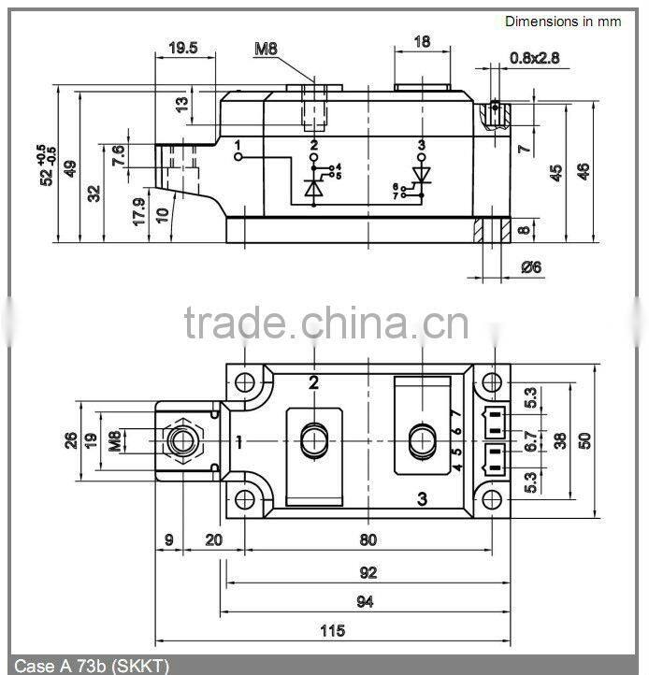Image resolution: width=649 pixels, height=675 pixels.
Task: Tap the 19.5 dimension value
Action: pyautogui.click(x=183, y=48)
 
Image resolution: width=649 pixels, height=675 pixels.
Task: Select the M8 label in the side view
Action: pyautogui.click(x=267, y=48)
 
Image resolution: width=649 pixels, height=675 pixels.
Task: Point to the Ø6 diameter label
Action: pyautogui.click(x=531, y=267)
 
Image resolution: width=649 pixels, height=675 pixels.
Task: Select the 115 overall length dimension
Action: pyautogui.click(x=332, y=630)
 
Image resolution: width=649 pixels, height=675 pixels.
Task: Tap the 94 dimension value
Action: pyautogui.click(x=365, y=602)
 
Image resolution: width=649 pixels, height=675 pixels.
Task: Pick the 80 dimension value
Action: pyautogui.click(x=368, y=539)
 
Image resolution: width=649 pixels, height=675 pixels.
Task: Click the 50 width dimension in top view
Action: pyautogui.click(x=585, y=440)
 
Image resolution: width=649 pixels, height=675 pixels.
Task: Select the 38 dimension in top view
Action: pyautogui.click(x=560, y=440)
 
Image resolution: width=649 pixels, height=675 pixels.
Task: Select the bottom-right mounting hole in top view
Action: pyautogui.click(x=491, y=498)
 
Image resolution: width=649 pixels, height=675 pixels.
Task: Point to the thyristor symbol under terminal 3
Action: pyautogui.click(x=421, y=175)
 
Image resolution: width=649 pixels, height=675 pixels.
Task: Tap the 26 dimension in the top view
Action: pyautogui.click(x=71, y=439)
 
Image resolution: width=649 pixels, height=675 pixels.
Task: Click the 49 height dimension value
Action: pyautogui.click(x=70, y=168)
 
